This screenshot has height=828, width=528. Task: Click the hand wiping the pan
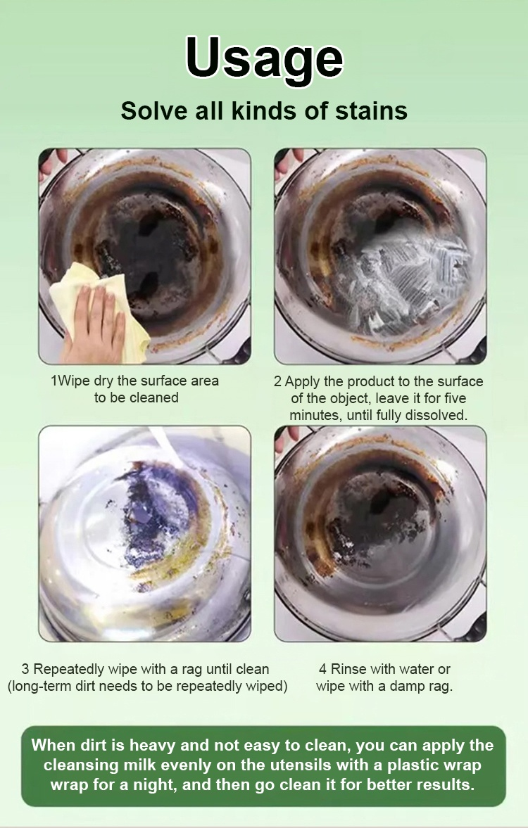tap(94, 324)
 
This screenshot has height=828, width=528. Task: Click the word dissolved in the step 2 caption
tap(436, 415)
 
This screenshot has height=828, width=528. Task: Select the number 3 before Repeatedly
tap(25, 669)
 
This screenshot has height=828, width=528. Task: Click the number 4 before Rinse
tap(322, 669)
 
